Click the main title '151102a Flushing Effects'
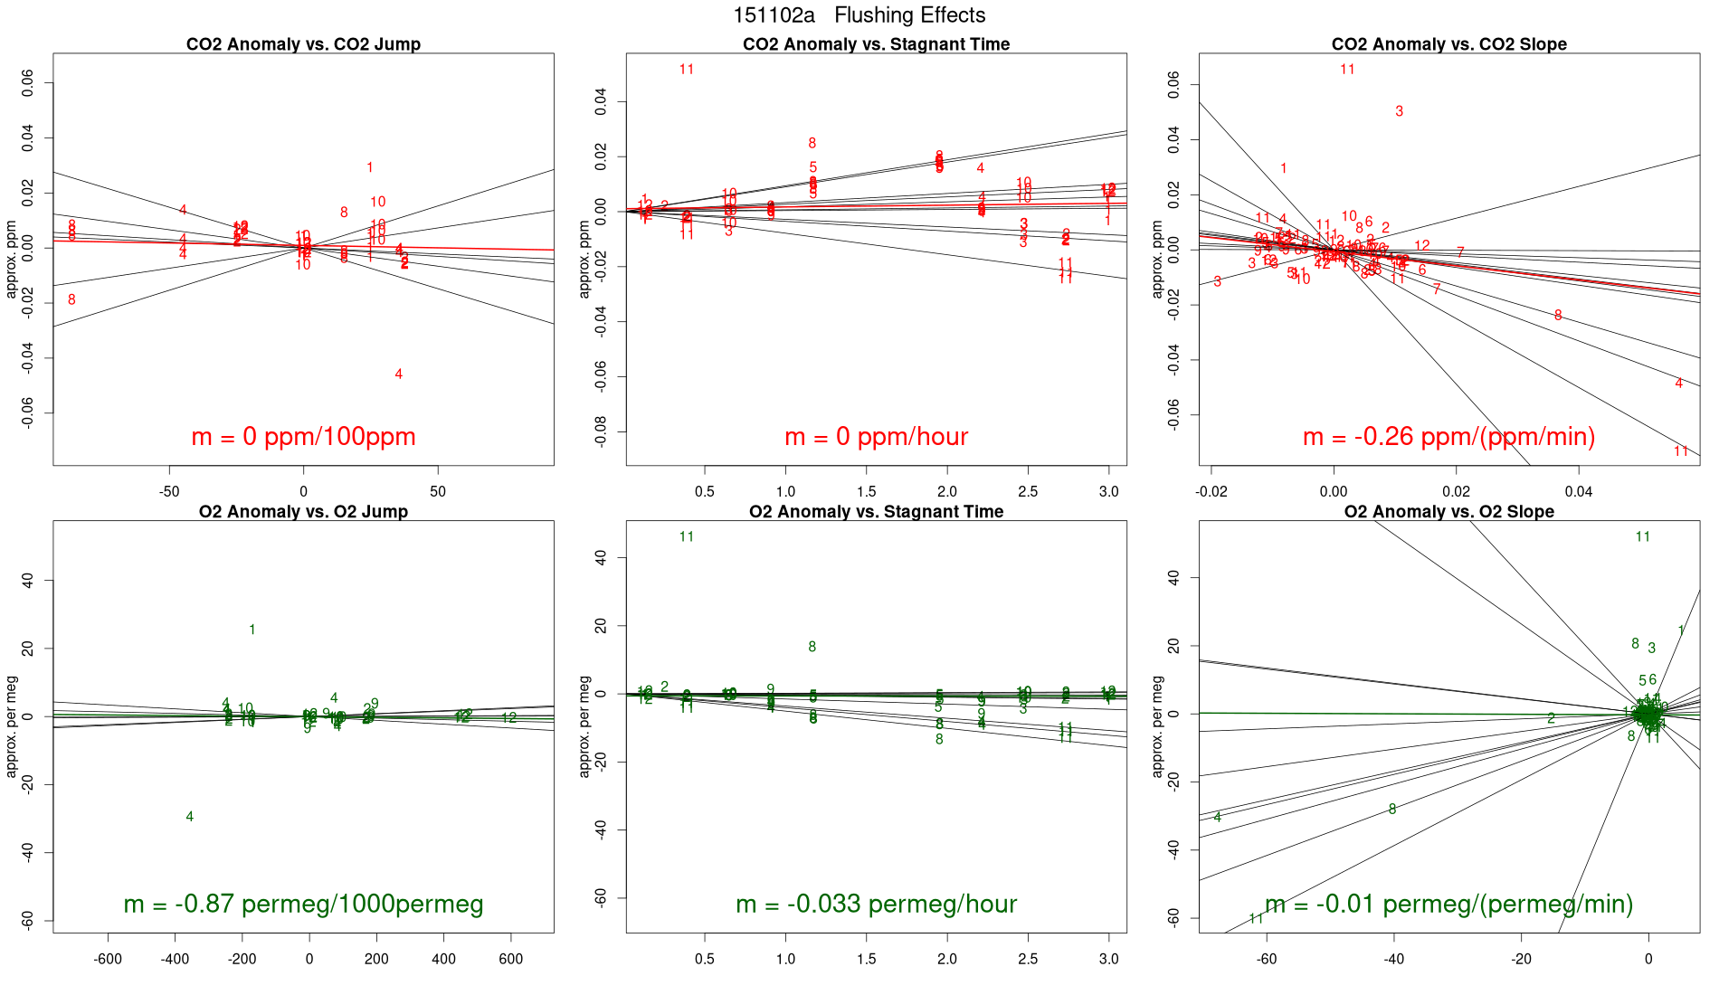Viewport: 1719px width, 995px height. (x=859, y=15)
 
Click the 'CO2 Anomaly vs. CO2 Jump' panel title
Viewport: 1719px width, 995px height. (x=303, y=44)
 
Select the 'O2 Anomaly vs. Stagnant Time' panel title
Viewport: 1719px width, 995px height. (x=876, y=512)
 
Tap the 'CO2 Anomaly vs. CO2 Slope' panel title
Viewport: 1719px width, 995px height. (x=1448, y=44)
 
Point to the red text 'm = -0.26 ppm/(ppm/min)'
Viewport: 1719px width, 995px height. (x=1448, y=437)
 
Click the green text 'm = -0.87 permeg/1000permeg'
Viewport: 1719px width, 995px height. (x=303, y=905)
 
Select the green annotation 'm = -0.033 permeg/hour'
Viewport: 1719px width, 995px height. (x=876, y=905)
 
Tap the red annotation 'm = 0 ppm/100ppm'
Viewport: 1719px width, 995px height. (x=303, y=437)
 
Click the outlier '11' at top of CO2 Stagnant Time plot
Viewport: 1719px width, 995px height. (x=686, y=70)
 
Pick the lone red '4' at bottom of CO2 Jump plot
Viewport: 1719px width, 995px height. (x=398, y=374)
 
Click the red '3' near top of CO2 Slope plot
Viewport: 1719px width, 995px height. (x=1399, y=111)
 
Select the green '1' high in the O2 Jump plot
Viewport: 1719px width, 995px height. (x=252, y=630)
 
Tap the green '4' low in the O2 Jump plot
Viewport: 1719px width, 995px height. (x=189, y=817)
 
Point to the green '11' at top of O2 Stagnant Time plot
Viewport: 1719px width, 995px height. (x=686, y=537)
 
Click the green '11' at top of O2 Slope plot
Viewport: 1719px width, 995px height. (x=1642, y=537)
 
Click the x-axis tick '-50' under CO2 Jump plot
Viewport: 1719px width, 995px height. (x=169, y=492)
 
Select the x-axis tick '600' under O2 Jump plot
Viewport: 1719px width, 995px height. (x=510, y=960)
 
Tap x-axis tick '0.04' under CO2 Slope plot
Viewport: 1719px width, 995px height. (x=1578, y=492)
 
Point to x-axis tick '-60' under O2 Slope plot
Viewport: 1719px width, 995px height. (x=1267, y=960)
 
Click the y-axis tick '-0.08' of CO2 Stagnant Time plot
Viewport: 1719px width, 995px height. (x=601, y=431)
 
